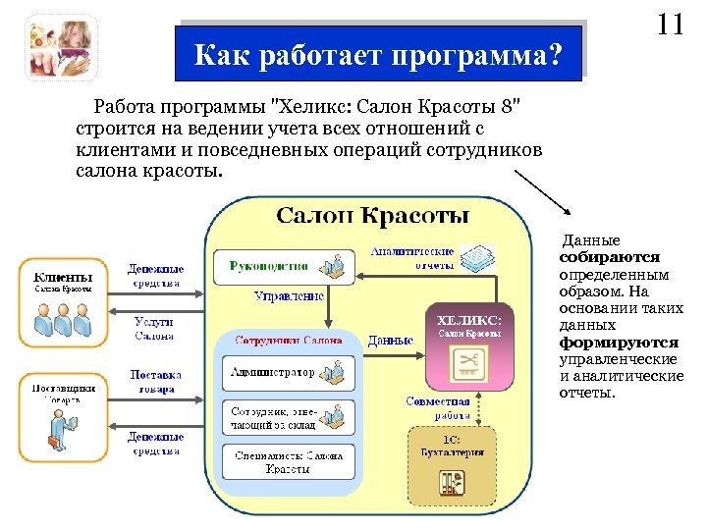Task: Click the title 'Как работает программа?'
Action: click(379, 53)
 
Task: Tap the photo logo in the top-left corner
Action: click(61, 48)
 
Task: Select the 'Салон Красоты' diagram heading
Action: click(372, 215)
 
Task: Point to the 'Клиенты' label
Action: click(64, 278)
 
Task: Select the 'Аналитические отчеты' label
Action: click(411, 258)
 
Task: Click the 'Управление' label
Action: click(289, 295)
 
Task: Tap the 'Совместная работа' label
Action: click(438, 408)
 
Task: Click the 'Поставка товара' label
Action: click(155, 381)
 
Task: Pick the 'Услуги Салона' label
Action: click(154, 328)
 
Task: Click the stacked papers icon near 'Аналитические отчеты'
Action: click(477, 258)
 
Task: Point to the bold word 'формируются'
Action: click(619, 343)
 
